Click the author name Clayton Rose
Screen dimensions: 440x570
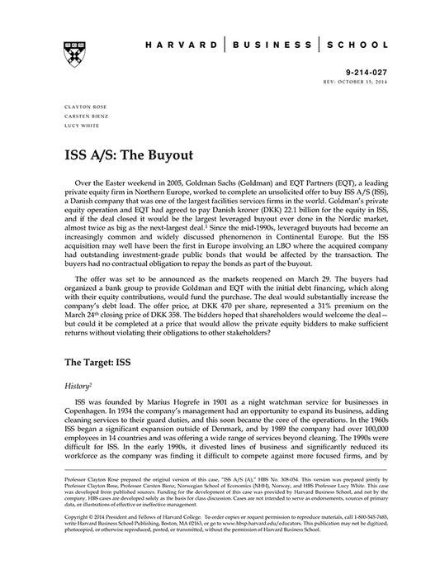point(79,107)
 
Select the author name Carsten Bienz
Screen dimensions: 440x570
point(82,116)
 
